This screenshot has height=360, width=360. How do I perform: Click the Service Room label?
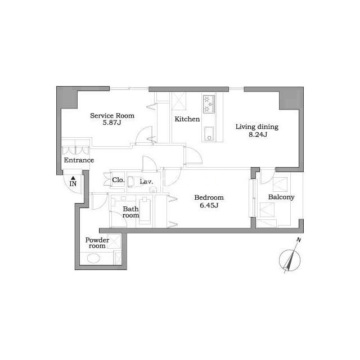[x=112, y=115]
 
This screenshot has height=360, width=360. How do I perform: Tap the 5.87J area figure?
[x=112, y=123]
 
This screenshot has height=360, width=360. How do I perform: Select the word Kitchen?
[x=187, y=119]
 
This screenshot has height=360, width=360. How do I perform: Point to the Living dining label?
[x=257, y=127]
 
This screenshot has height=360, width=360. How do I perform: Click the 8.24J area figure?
[x=258, y=134]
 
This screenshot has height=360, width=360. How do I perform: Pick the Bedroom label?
[x=209, y=197]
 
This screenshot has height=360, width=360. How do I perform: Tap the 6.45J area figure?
[x=209, y=205]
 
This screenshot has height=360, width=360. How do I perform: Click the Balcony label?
[x=281, y=197]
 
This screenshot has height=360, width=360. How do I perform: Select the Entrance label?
[x=79, y=160]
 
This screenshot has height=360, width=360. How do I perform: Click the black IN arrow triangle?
[x=73, y=178]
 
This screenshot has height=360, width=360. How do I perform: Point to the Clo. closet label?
[x=118, y=180]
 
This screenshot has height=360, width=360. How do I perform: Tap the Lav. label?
[x=146, y=182]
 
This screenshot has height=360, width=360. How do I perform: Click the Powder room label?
[x=97, y=243]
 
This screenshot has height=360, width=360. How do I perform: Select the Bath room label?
[x=130, y=212]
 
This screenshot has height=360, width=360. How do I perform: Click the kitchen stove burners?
[x=209, y=105]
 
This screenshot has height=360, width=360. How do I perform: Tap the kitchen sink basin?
[x=209, y=134]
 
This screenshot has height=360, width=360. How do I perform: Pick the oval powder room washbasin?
[x=93, y=259]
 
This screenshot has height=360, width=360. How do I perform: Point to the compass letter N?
[x=299, y=240]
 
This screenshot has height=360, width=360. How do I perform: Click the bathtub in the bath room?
[x=145, y=211]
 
